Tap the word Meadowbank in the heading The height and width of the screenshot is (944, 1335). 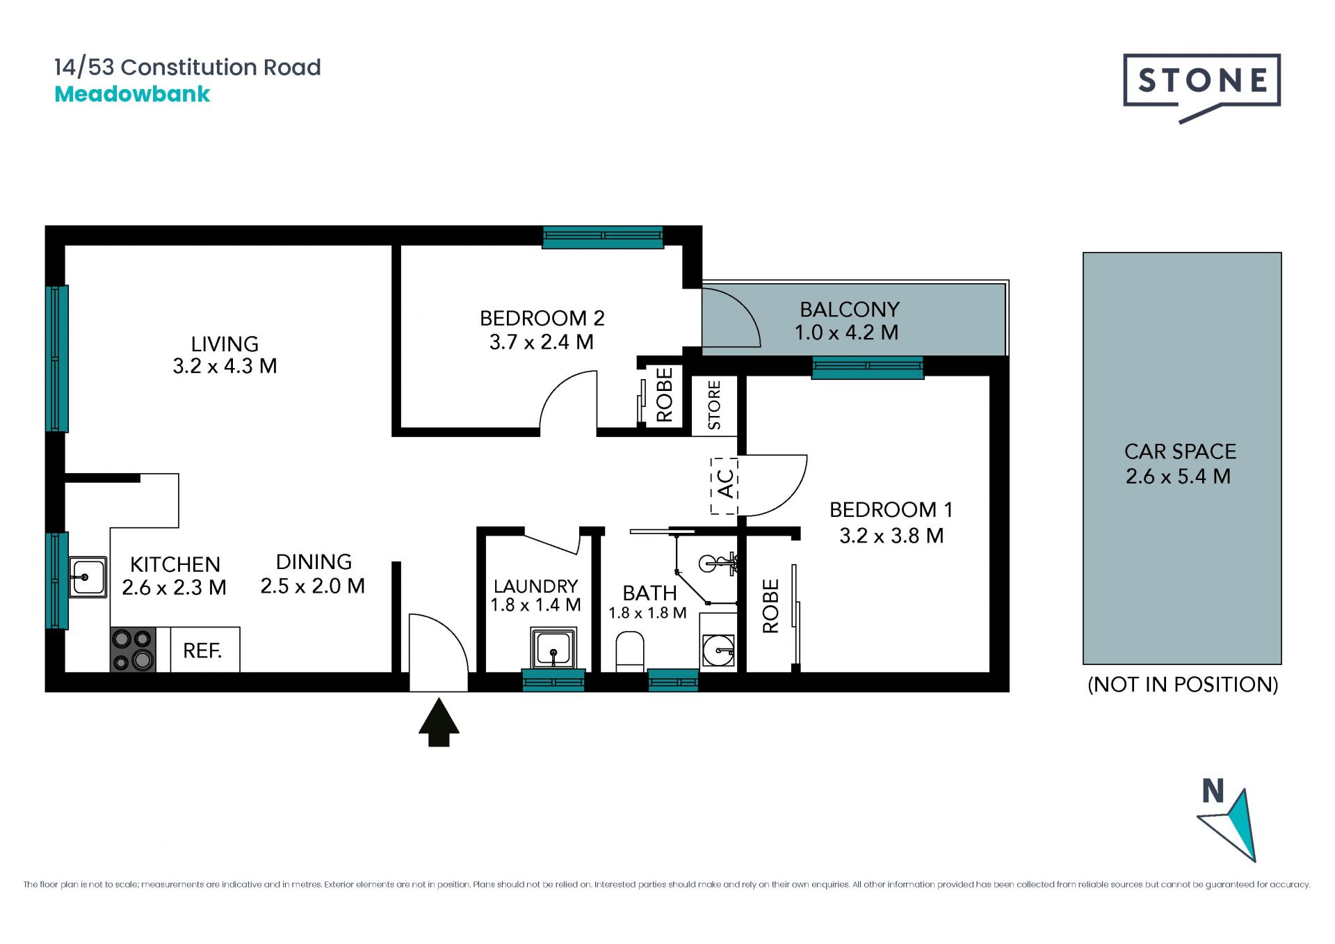[132, 94]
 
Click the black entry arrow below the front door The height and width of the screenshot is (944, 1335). [439, 723]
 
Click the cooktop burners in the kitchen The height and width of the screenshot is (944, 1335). [133, 649]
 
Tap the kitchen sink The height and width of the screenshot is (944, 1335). [88, 577]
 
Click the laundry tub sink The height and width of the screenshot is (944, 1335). [553, 648]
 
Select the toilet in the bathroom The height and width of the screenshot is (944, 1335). [630, 651]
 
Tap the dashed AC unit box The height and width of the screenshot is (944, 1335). [724, 486]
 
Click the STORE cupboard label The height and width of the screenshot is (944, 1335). [714, 405]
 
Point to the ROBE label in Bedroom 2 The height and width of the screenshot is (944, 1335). [665, 394]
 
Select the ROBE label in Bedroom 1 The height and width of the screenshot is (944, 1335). [770, 606]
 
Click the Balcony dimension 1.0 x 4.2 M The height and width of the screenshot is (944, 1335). [847, 333]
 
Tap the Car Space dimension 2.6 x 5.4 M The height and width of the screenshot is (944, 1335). [1179, 477]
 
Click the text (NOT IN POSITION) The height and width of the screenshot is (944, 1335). [1183, 685]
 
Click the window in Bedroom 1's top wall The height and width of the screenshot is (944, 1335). [867, 367]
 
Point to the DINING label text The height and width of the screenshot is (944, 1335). [314, 561]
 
